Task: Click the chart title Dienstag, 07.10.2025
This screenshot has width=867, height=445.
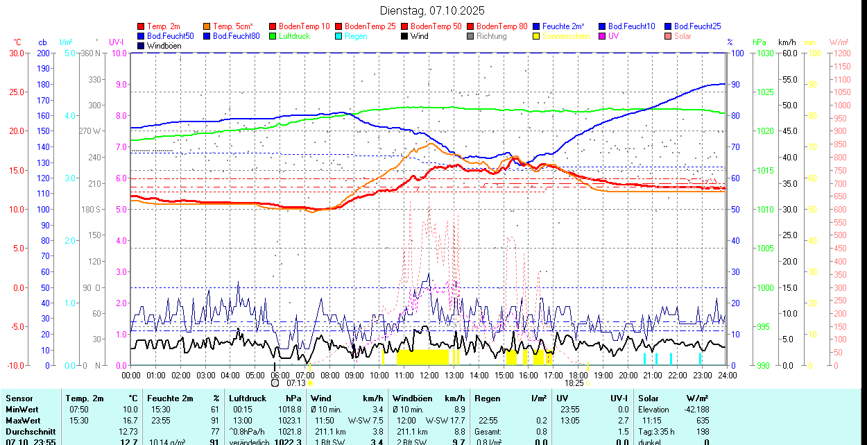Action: pyautogui.click(x=433, y=10)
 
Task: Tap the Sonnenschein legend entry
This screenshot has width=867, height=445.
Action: pyautogui.click(x=566, y=36)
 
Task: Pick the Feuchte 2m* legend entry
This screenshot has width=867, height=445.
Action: pyautogui.click(x=563, y=26)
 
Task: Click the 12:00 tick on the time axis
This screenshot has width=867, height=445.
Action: pyautogui.click(x=429, y=375)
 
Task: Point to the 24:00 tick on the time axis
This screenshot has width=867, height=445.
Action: pyautogui.click(x=727, y=375)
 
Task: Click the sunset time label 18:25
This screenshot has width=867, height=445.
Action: pyautogui.click(x=574, y=383)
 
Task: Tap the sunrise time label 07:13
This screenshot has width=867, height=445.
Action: pyautogui.click(x=296, y=383)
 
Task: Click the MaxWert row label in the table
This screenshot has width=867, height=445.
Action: pyautogui.click(x=22, y=421)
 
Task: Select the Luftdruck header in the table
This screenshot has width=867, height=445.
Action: pyautogui.click(x=248, y=398)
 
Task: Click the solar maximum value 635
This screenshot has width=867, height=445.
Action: pyautogui.click(x=703, y=421)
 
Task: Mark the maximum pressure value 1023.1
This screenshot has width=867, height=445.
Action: pyautogui.click(x=291, y=421)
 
